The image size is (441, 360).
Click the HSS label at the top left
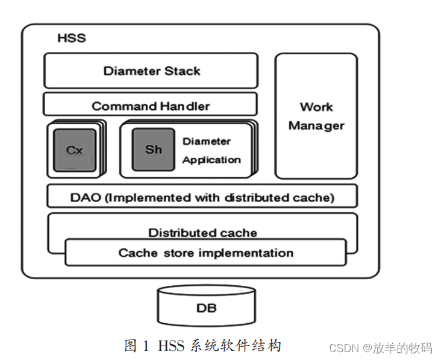click(x=72, y=38)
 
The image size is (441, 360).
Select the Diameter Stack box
click(x=151, y=71)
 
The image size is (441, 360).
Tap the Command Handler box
click(x=151, y=106)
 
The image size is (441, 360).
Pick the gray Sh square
click(x=154, y=149)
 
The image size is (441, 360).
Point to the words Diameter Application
click(x=211, y=151)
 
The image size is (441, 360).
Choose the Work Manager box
click(x=316, y=116)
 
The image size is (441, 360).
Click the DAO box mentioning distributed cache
click(x=202, y=197)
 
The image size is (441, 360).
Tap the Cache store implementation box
click(x=205, y=253)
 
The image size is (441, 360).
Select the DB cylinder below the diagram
click(x=206, y=308)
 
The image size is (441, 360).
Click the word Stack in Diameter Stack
click(x=182, y=71)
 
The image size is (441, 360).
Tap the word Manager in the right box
click(x=316, y=125)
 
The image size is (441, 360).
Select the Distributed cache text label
click(x=202, y=232)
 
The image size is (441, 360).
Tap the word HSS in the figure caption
click(x=171, y=346)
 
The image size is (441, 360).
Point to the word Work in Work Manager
click(x=316, y=107)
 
